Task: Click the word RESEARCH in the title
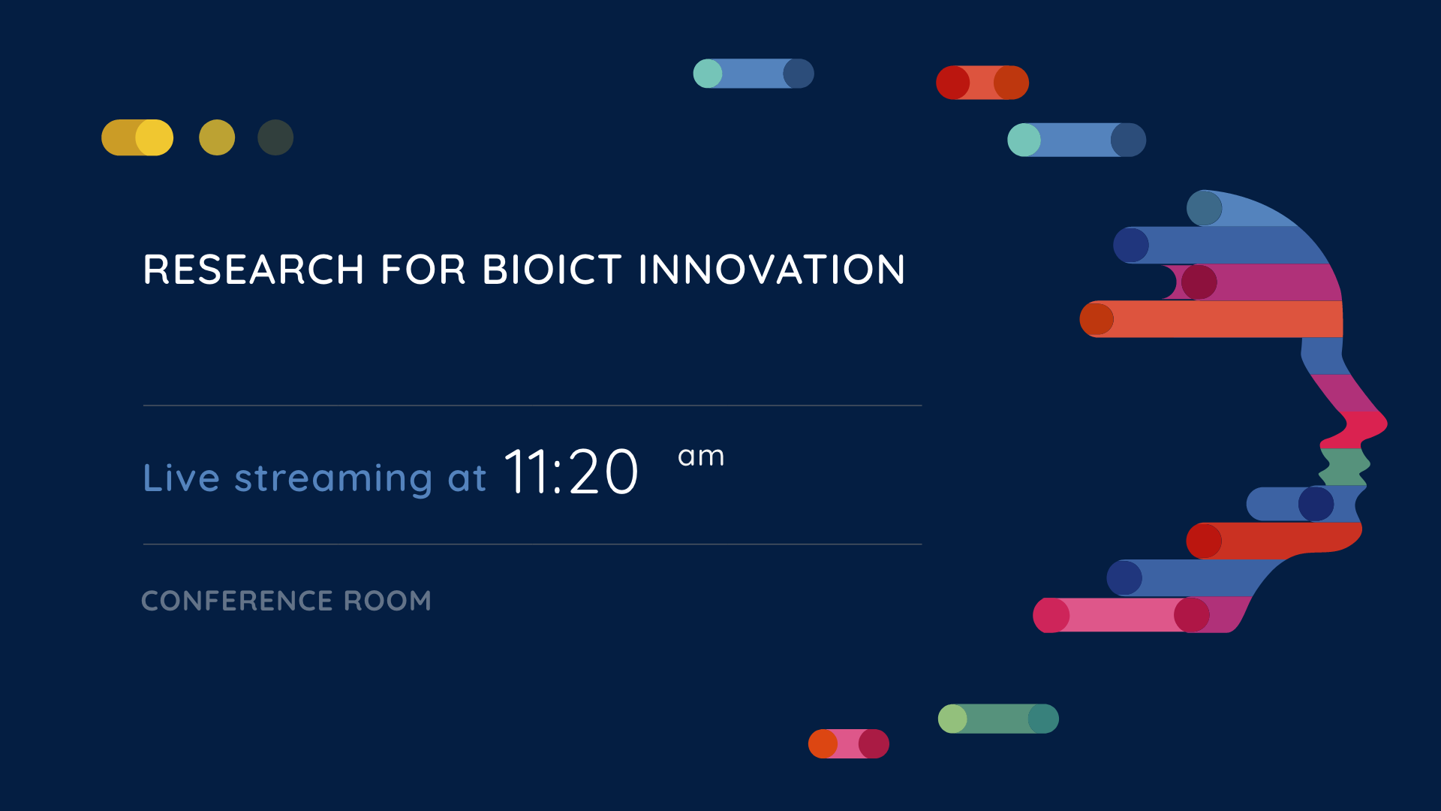pyautogui.click(x=254, y=270)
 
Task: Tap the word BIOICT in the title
pyautogui.click(x=552, y=270)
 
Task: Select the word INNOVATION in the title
pyautogui.click(x=772, y=270)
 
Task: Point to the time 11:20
pyautogui.click(x=571, y=472)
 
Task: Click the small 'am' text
pyautogui.click(x=701, y=457)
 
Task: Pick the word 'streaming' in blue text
pyautogui.click(x=333, y=479)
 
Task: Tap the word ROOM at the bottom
pyautogui.click(x=387, y=601)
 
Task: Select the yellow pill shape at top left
pyautogui.click(x=137, y=137)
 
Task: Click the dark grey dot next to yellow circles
pyautogui.click(x=275, y=137)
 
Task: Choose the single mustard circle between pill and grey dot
pyautogui.click(x=217, y=137)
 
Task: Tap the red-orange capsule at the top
pyautogui.click(x=982, y=83)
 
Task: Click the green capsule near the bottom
pyautogui.click(x=998, y=719)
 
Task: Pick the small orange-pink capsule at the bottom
pyautogui.click(x=849, y=743)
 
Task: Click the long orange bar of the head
pyautogui.click(x=1211, y=319)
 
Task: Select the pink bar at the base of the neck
pyautogui.click(x=1141, y=615)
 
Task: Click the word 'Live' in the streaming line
pyautogui.click(x=182, y=478)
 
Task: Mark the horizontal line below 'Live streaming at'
pyautogui.click(x=532, y=544)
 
